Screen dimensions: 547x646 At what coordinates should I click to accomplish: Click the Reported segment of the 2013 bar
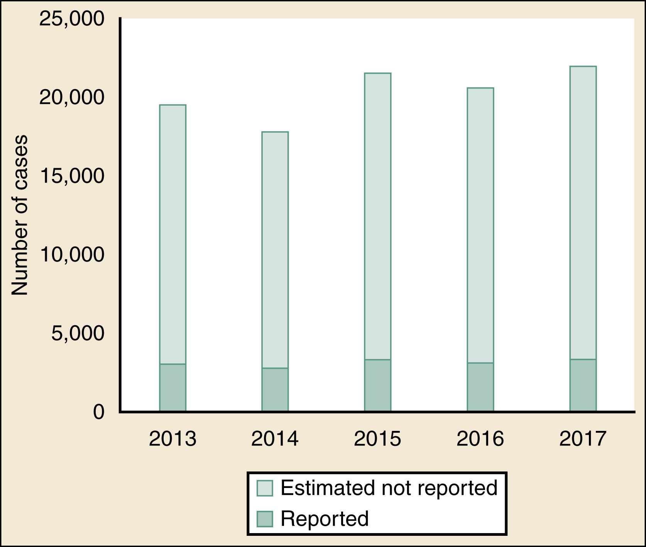click(172, 387)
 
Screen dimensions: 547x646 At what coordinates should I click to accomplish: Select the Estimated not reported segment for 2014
click(275, 250)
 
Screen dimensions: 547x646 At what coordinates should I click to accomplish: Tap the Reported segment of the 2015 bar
click(377, 385)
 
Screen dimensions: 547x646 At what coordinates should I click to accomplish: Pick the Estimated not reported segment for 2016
click(480, 225)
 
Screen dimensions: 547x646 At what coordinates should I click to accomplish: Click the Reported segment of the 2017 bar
click(583, 385)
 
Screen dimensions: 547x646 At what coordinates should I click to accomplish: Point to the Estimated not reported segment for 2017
click(583, 213)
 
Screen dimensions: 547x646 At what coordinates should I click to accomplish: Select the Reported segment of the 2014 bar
click(275, 389)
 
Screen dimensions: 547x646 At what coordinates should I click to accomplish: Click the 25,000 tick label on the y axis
click(72, 19)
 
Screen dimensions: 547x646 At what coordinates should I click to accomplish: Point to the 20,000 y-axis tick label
click(72, 97)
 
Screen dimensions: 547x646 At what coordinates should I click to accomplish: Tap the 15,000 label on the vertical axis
click(72, 176)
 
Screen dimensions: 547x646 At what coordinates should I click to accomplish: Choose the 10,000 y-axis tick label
click(72, 255)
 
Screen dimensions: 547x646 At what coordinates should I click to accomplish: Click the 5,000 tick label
click(78, 333)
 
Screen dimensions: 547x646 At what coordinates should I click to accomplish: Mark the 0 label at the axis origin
click(99, 412)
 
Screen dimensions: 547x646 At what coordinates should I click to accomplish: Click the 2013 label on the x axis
click(172, 439)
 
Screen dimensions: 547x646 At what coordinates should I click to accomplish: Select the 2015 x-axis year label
click(377, 439)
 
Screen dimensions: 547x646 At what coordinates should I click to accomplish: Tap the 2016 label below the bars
click(480, 439)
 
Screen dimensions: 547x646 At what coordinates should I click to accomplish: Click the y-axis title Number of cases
click(19, 215)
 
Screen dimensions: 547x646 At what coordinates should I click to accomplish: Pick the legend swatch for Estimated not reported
click(265, 488)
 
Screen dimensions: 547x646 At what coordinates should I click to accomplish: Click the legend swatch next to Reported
click(265, 519)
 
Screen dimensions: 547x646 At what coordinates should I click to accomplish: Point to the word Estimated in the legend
click(328, 488)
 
